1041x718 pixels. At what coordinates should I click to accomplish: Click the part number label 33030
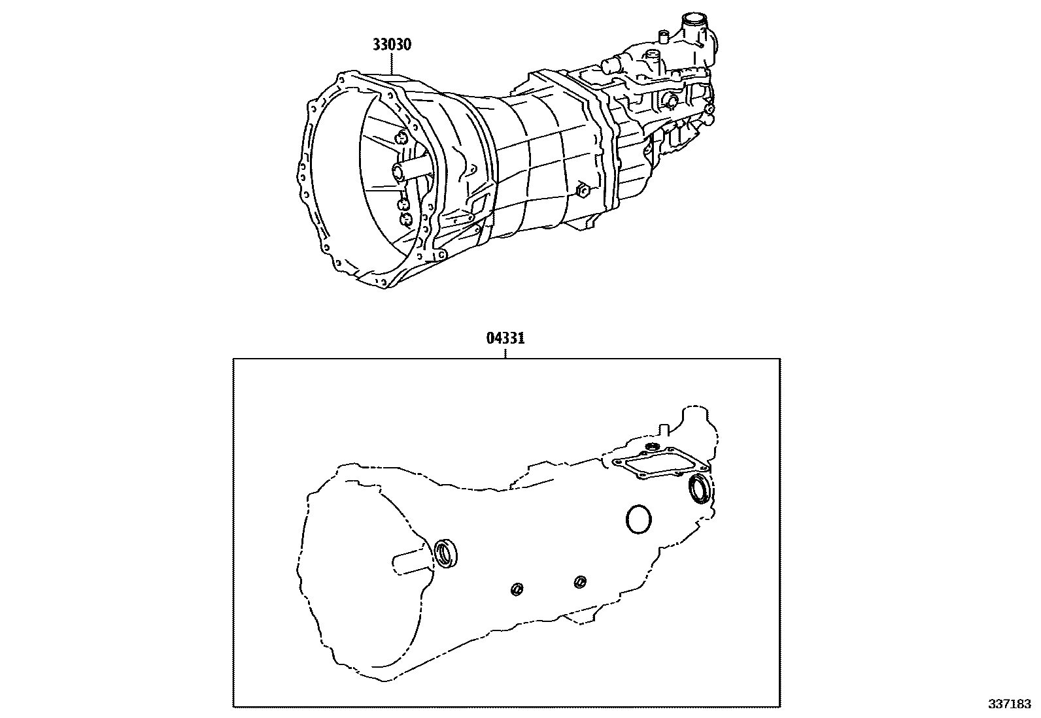pyautogui.click(x=392, y=45)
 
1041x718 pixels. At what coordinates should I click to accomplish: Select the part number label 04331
pyautogui.click(x=505, y=338)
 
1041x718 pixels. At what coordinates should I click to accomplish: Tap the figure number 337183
pyautogui.click(x=1009, y=705)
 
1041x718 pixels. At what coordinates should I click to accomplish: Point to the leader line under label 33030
pyautogui.click(x=392, y=63)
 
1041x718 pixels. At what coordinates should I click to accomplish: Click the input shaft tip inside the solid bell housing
pyautogui.click(x=400, y=172)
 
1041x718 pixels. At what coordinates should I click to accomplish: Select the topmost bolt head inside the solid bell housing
pyautogui.click(x=400, y=137)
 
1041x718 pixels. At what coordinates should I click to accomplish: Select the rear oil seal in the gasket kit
pyautogui.click(x=700, y=490)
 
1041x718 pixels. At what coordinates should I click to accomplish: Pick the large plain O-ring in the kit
pyautogui.click(x=639, y=519)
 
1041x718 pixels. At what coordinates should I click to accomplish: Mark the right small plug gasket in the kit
pyautogui.click(x=579, y=581)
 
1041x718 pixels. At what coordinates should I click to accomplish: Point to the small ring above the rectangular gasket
pyautogui.click(x=651, y=446)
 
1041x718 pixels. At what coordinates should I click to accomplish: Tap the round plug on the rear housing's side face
pyautogui.click(x=671, y=100)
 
